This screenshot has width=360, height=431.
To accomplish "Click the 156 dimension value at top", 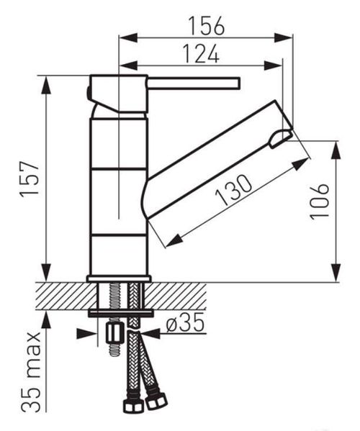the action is pyautogui.click(x=206, y=26).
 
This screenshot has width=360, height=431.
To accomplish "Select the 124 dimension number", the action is pyautogui.click(x=201, y=53).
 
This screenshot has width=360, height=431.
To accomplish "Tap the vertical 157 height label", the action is pyautogui.click(x=30, y=178).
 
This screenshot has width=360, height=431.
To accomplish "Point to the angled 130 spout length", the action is pyautogui.click(x=233, y=190).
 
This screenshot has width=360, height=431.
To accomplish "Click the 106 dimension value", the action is pyautogui.click(x=319, y=201).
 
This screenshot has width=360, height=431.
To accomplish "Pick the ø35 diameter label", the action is pyautogui.click(x=185, y=322).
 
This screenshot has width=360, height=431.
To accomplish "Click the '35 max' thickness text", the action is pyautogui.click(x=32, y=372).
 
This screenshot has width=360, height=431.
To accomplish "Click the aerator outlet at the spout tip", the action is pyautogui.click(x=280, y=139).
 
